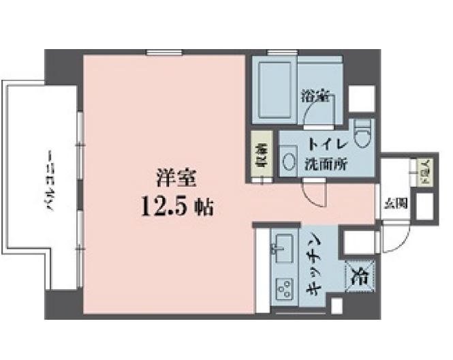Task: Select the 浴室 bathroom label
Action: pos(314,97)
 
